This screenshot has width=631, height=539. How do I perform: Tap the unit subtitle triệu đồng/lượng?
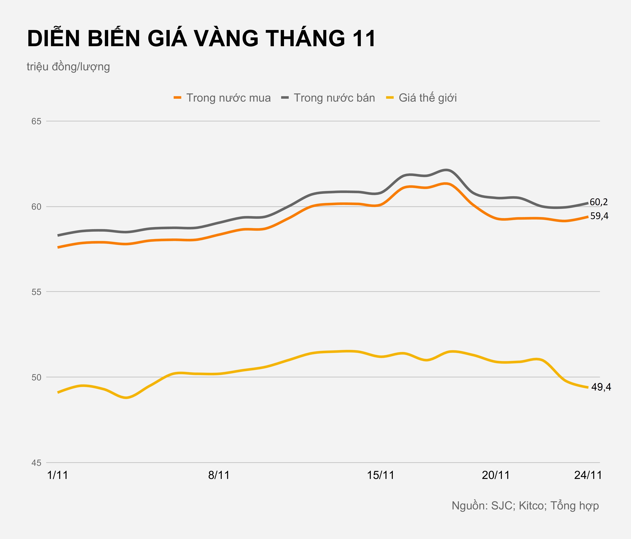pos(68,66)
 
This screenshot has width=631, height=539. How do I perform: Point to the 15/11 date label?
pos(381,475)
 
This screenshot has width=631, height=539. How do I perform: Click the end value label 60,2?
pos(599,202)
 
